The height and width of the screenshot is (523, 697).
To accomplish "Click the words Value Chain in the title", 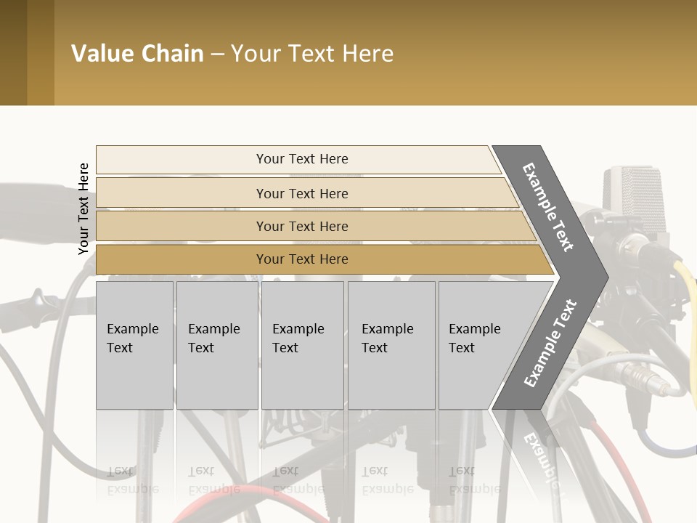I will click(137, 54).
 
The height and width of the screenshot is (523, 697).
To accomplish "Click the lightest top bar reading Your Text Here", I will click(302, 159).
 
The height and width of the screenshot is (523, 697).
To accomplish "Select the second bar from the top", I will click(302, 193).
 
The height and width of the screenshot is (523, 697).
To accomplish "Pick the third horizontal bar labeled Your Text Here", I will click(302, 227).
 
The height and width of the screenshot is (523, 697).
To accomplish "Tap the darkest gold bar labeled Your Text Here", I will click(302, 259).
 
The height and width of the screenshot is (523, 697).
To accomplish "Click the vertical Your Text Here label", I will click(83, 208).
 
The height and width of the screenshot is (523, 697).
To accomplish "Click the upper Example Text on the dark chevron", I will click(549, 207).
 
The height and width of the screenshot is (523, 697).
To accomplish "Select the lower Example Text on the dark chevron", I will click(550, 344).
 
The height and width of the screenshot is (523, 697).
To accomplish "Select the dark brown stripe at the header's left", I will click(13, 52).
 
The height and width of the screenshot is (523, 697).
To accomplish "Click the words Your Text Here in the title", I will click(312, 54).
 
